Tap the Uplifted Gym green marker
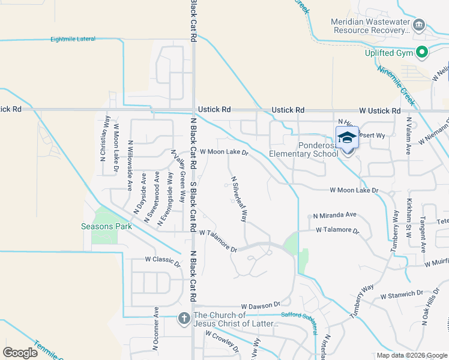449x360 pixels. click(x=422, y=53)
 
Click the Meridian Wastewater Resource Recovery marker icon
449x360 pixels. click(x=419, y=25)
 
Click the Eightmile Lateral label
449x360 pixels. click(x=73, y=39)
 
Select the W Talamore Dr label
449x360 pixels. click(x=218, y=241)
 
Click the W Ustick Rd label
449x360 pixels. click(x=380, y=111)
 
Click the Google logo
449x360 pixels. click(x=20, y=353)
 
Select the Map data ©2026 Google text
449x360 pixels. click(x=412, y=355)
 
